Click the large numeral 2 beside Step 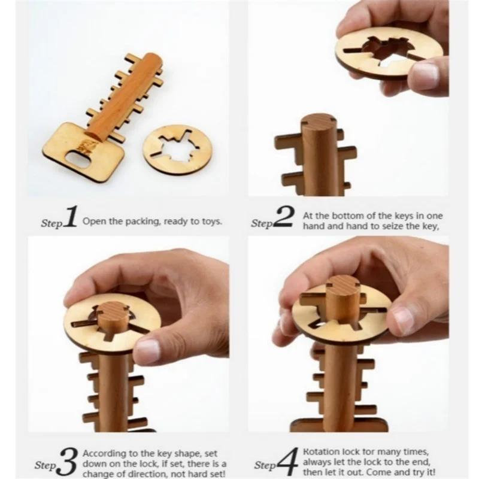(x=283, y=220)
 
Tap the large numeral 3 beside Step (x=69, y=460)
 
